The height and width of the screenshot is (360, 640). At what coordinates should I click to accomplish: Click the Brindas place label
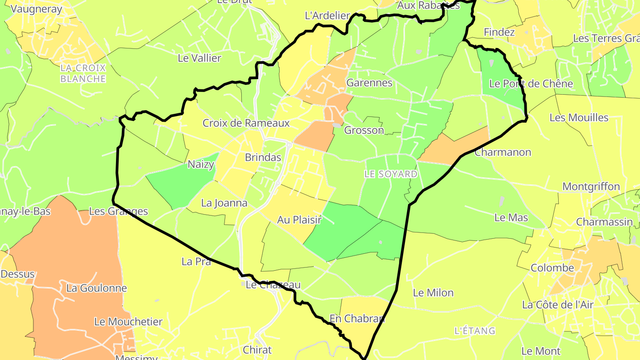pos(263,157)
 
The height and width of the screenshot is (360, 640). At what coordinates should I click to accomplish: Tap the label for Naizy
pos(201,164)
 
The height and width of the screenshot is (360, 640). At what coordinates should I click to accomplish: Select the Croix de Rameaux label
pos(246,123)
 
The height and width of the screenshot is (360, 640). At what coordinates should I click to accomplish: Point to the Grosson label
pos(364,130)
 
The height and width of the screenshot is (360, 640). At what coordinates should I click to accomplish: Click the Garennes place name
pos(369,83)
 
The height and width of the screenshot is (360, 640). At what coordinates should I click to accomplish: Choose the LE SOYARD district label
pos(391,174)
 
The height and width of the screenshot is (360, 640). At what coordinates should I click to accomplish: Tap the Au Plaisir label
pos(299,220)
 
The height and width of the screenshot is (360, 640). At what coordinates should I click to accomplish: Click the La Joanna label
pos(224,203)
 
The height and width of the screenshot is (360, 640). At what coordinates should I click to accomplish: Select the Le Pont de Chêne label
pos(531,84)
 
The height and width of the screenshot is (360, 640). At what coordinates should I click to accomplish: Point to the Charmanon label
pos(503,152)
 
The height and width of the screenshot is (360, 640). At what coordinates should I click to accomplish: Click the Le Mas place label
pos(511,217)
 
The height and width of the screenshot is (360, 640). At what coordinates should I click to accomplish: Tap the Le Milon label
pos(433,292)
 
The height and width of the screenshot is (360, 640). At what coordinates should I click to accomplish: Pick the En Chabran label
pos(357,318)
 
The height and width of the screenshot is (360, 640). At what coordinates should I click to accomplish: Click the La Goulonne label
pos(96,288)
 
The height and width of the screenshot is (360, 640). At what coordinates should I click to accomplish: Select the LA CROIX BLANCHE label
pos(83,73)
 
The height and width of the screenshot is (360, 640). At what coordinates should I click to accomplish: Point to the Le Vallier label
pos(199,58)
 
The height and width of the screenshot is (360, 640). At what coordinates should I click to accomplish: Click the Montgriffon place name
pos(591,186)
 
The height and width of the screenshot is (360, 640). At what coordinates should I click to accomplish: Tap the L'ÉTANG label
pos(475,331)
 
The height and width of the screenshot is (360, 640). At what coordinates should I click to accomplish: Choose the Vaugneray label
pos(30,8)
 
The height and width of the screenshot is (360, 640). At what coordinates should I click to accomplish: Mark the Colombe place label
pos(552,268)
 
